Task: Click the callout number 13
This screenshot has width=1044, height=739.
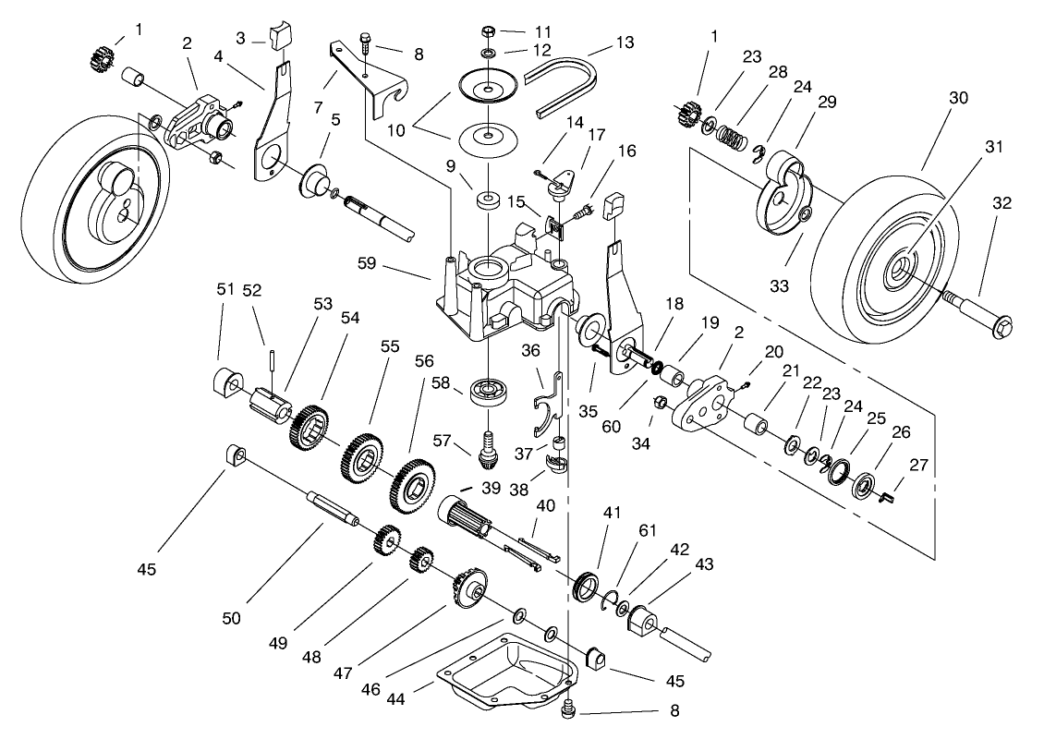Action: point(625,42)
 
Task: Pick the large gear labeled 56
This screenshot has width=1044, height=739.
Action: point(417,486)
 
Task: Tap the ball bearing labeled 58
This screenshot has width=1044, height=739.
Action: point(490,391)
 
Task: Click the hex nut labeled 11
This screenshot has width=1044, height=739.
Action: point(489,31)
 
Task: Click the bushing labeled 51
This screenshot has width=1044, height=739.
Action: point(227,381)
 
